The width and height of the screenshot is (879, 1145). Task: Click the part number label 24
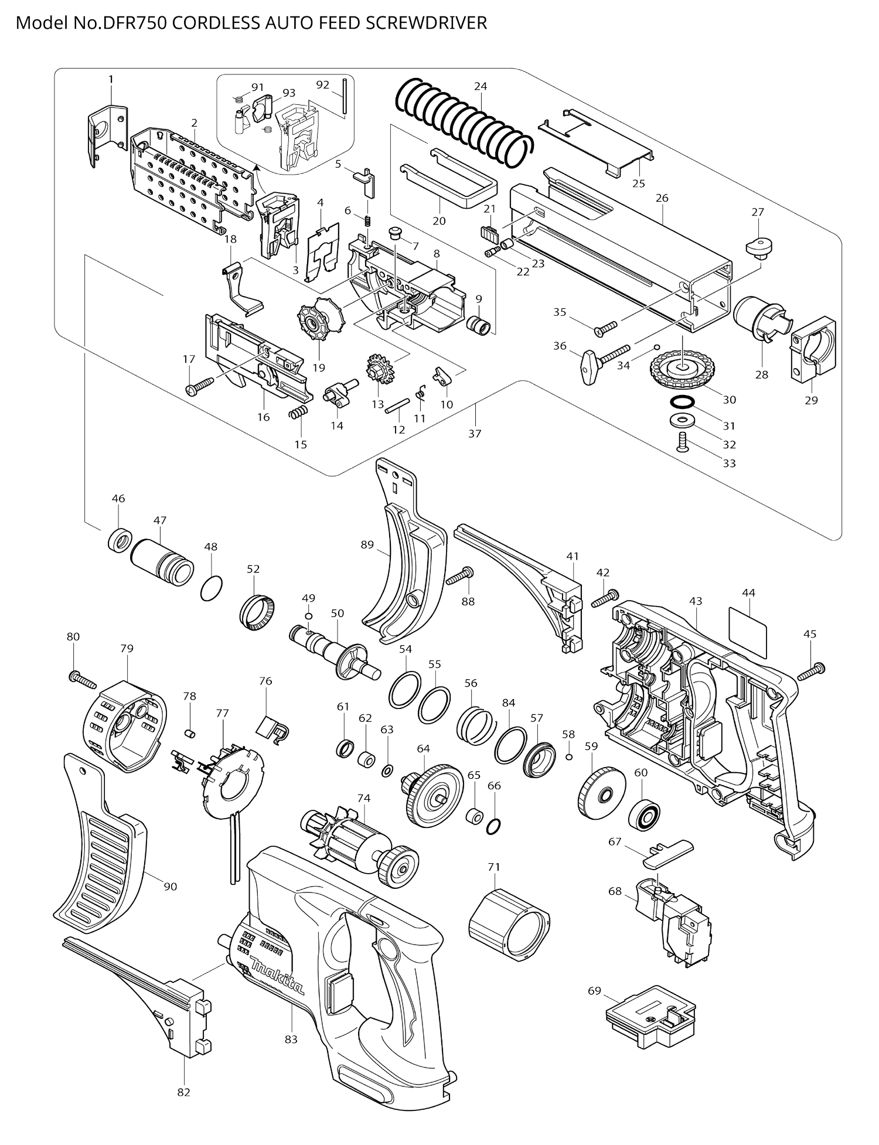(481, 86)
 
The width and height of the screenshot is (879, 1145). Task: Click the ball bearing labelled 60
(645, 810)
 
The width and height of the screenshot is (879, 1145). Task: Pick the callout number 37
(475, 434)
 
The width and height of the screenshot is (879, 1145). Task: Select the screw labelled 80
(82, 680)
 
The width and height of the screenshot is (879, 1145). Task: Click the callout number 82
(184, 1092)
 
